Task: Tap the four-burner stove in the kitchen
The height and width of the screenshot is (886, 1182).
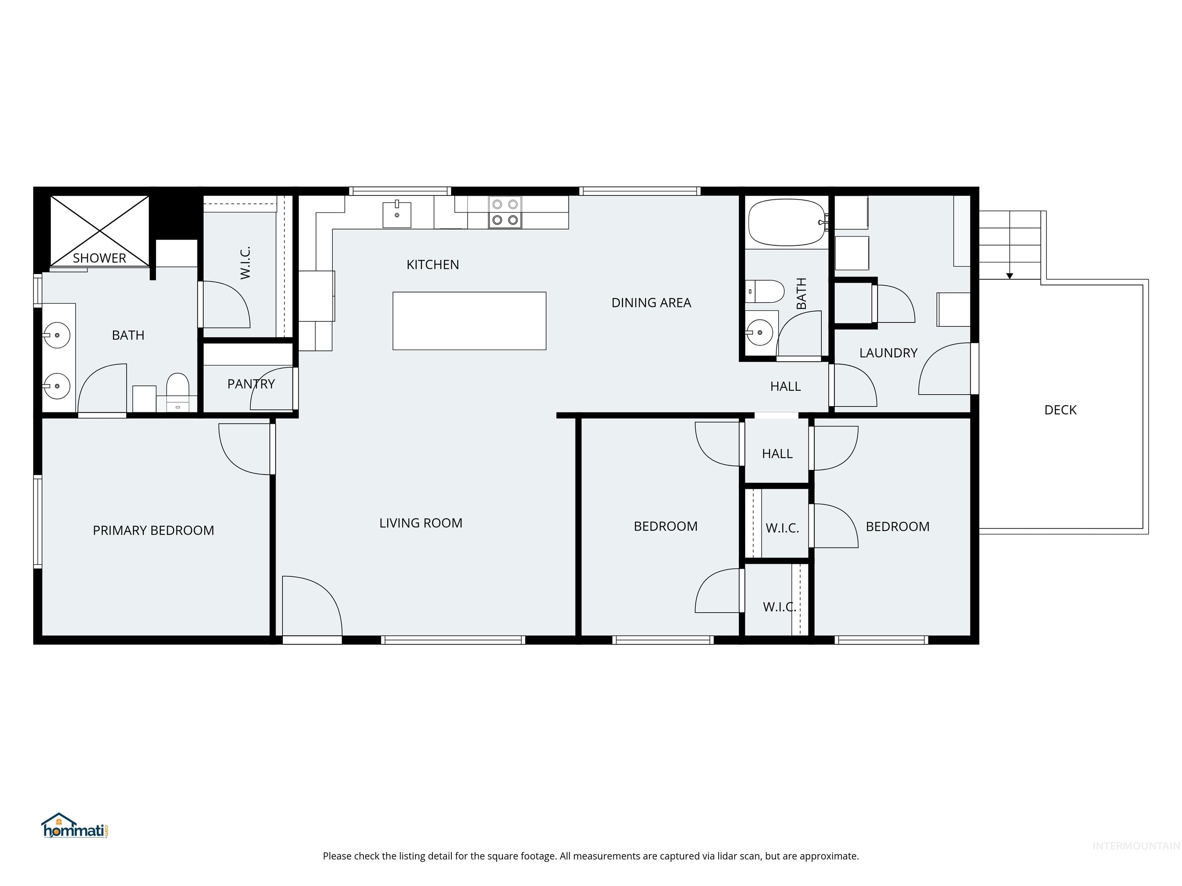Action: pos(505,212)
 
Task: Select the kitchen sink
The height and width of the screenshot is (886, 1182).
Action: pos(396,215)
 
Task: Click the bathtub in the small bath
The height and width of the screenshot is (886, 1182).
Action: pos(786,222)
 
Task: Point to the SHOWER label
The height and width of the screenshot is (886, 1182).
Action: pos(99,258)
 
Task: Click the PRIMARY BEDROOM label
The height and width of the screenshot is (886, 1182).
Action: pos(154,530)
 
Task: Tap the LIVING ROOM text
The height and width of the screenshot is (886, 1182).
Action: pos(421,523)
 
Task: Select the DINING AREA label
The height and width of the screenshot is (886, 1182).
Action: pos(651,303)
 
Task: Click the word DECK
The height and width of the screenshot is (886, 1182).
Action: pos(1060,410)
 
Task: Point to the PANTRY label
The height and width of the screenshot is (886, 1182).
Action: pos(250,384)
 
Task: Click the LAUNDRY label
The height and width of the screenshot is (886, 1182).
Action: pos(888,353)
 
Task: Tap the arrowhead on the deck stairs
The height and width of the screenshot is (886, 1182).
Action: pos(1009,276)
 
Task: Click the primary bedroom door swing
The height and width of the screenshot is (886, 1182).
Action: pos(245,449)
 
